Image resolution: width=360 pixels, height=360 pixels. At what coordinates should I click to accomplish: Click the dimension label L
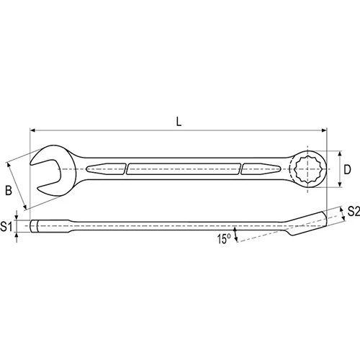[179, 122]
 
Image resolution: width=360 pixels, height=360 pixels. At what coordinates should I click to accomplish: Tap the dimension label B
[9, 191]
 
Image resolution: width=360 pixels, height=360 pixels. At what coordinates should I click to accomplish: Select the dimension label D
[347, 170]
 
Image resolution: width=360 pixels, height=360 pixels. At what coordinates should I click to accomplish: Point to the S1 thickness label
[6, 226]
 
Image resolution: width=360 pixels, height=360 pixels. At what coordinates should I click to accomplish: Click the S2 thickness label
[354, 212]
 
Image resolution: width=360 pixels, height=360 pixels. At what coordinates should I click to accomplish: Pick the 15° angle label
[224, 239]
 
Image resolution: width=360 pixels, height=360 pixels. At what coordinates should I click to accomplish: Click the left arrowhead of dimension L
[32, 130]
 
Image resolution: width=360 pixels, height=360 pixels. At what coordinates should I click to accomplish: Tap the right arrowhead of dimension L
[324, 130]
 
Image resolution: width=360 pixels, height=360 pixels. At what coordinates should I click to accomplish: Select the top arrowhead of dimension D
[340, 153]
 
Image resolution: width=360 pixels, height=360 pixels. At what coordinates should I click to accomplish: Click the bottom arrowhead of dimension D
[340, 184]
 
